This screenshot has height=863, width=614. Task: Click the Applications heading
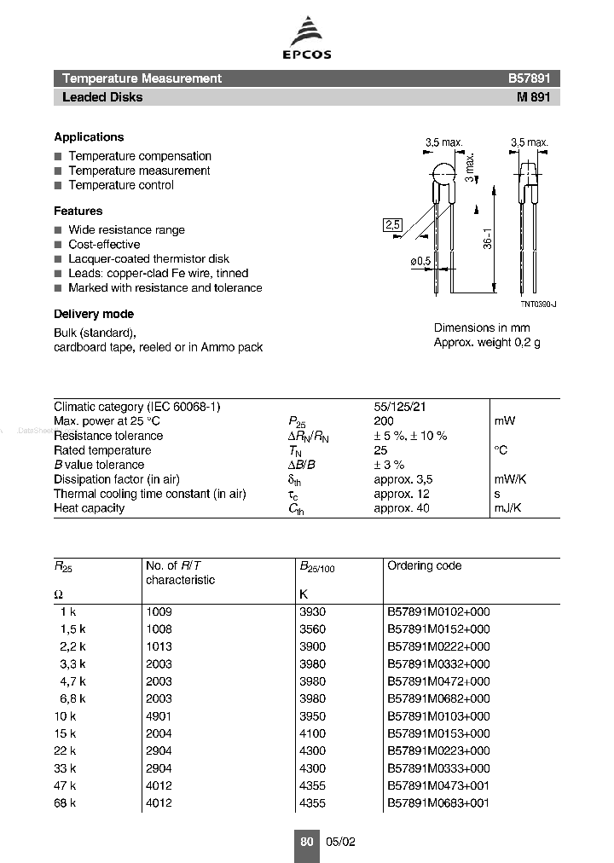(89, 136)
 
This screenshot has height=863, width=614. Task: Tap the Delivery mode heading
(94, 314)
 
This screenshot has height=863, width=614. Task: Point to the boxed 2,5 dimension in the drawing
(391, 225)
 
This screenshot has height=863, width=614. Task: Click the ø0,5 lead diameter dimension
(419, 261)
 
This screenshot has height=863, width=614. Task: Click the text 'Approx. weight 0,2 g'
(487, 342)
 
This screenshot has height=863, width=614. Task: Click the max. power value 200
(385, 421)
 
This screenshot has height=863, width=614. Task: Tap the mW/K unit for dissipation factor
(510, 479)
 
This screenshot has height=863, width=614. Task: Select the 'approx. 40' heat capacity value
(402, 508)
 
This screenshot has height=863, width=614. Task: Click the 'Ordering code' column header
(425, 565)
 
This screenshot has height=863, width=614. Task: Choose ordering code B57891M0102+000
(439, 611)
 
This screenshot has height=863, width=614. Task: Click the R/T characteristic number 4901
(159, 716)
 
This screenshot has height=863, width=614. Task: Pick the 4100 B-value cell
(312, 733)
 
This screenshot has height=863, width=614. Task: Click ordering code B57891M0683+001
(439, 803)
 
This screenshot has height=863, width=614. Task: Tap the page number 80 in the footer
(307, 842)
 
